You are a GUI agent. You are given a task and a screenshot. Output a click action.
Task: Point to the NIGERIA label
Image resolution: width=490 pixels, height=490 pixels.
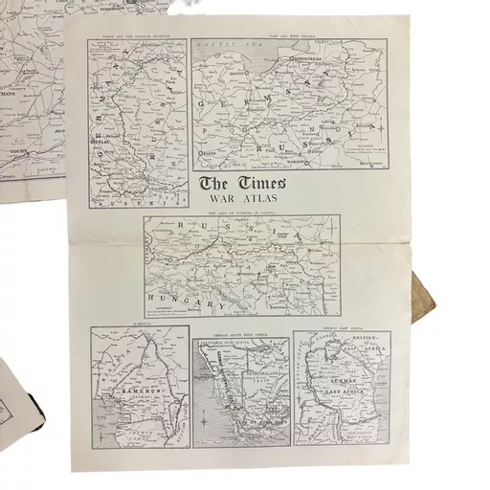pyautogui.click(x=107, y=363)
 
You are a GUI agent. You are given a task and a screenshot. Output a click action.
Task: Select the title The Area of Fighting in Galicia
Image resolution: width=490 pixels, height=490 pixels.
pyautogui.click(x=240, y=212)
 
